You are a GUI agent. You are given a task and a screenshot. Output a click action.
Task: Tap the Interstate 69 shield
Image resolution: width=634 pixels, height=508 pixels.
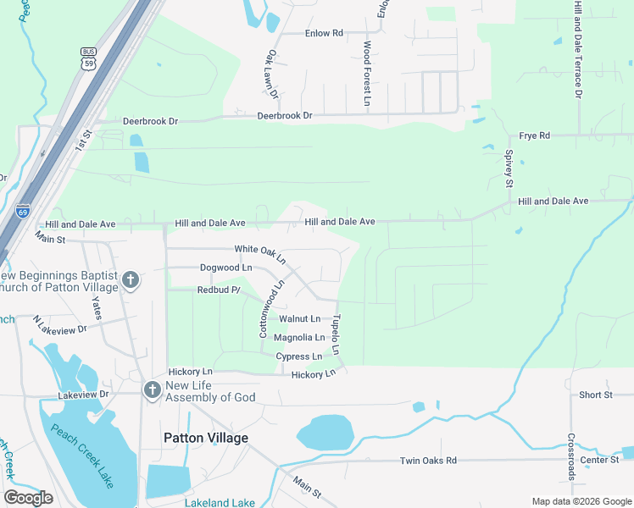[22, 211]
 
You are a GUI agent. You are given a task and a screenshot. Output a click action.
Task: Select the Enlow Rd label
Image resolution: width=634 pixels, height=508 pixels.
[324, 33]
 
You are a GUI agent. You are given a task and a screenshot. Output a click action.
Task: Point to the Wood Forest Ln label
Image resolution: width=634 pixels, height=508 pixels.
[368, 74]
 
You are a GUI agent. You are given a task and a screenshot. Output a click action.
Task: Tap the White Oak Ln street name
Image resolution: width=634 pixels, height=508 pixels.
[260, 250]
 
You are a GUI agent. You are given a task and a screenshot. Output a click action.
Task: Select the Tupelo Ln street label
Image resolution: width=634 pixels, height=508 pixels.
[336, 335]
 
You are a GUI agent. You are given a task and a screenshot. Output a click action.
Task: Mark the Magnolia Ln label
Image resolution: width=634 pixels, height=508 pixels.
[298, 338]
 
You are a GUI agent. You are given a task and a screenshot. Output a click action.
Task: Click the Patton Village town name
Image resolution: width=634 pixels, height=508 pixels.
[206, 438]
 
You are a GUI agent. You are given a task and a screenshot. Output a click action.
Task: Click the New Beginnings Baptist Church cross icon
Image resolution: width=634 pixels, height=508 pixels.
[130, 279]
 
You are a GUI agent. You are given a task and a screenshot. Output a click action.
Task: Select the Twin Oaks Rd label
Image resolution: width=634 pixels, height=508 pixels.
[428, 461]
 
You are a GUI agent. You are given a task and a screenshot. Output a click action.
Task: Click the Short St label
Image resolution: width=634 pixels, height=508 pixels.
[596, 395]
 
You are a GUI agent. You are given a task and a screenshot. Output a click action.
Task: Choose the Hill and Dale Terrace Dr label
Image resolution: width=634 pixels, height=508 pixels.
[578, 48]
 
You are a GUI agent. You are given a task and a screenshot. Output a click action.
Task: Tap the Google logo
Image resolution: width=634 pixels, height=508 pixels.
[29, 498]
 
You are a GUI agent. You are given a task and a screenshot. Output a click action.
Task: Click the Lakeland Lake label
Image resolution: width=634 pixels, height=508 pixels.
[220, 502]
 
